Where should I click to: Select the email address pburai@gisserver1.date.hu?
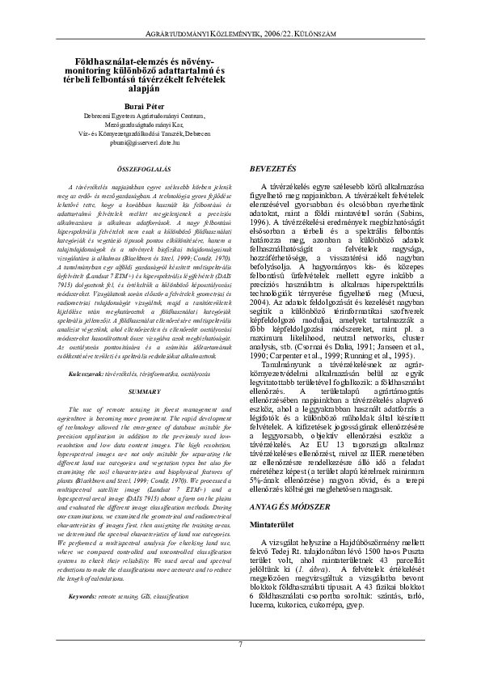[x=146, y=142]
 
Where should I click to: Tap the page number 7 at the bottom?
[x=240, y=643]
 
